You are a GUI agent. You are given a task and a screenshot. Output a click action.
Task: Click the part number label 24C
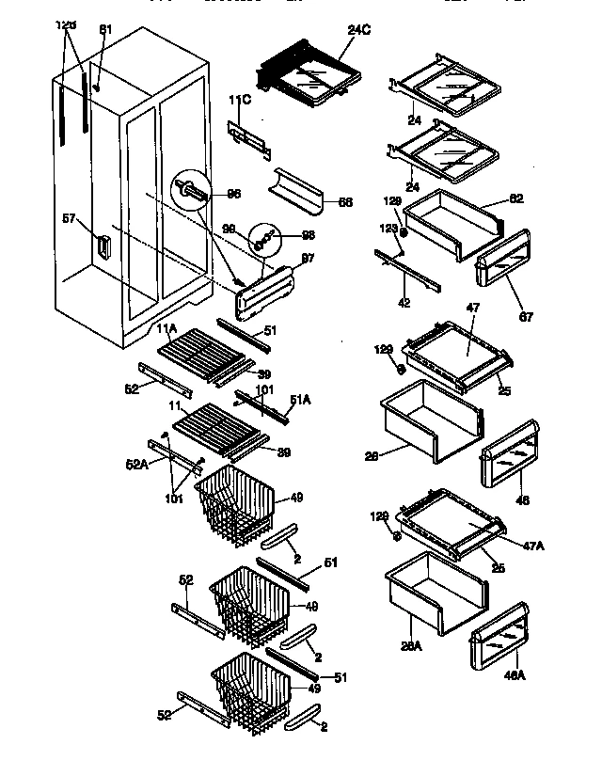[x=358, y=29]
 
